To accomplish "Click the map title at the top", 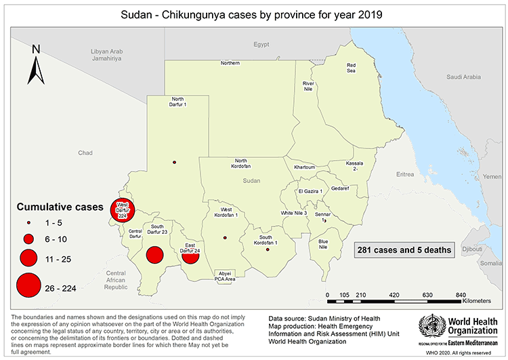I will coord(253,14).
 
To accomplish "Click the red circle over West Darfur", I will coord(123,211).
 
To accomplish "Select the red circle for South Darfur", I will coord(155,255).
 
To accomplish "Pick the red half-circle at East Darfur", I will coord(190,256).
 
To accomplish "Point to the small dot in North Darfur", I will coord(175,162).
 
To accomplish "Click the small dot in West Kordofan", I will coord(224,237).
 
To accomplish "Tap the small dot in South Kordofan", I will coord(268,250).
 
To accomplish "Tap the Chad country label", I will coord(85,153).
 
